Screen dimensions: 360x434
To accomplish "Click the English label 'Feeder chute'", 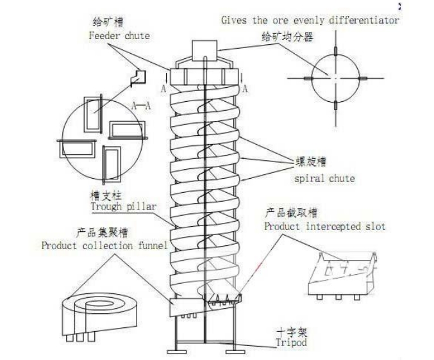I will pyautogui.click(x=119, y=36).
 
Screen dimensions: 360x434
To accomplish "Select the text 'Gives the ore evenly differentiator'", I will pyautogui.click(x=310, y=20).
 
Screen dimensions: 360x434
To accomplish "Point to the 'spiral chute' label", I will pyautogui.click(x=324, y=178).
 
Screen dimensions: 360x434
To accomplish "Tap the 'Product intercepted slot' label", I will pyautogui.click(x=324, y=227).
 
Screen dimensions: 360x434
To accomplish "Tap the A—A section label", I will pyautogui.click(x=140, y=106).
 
